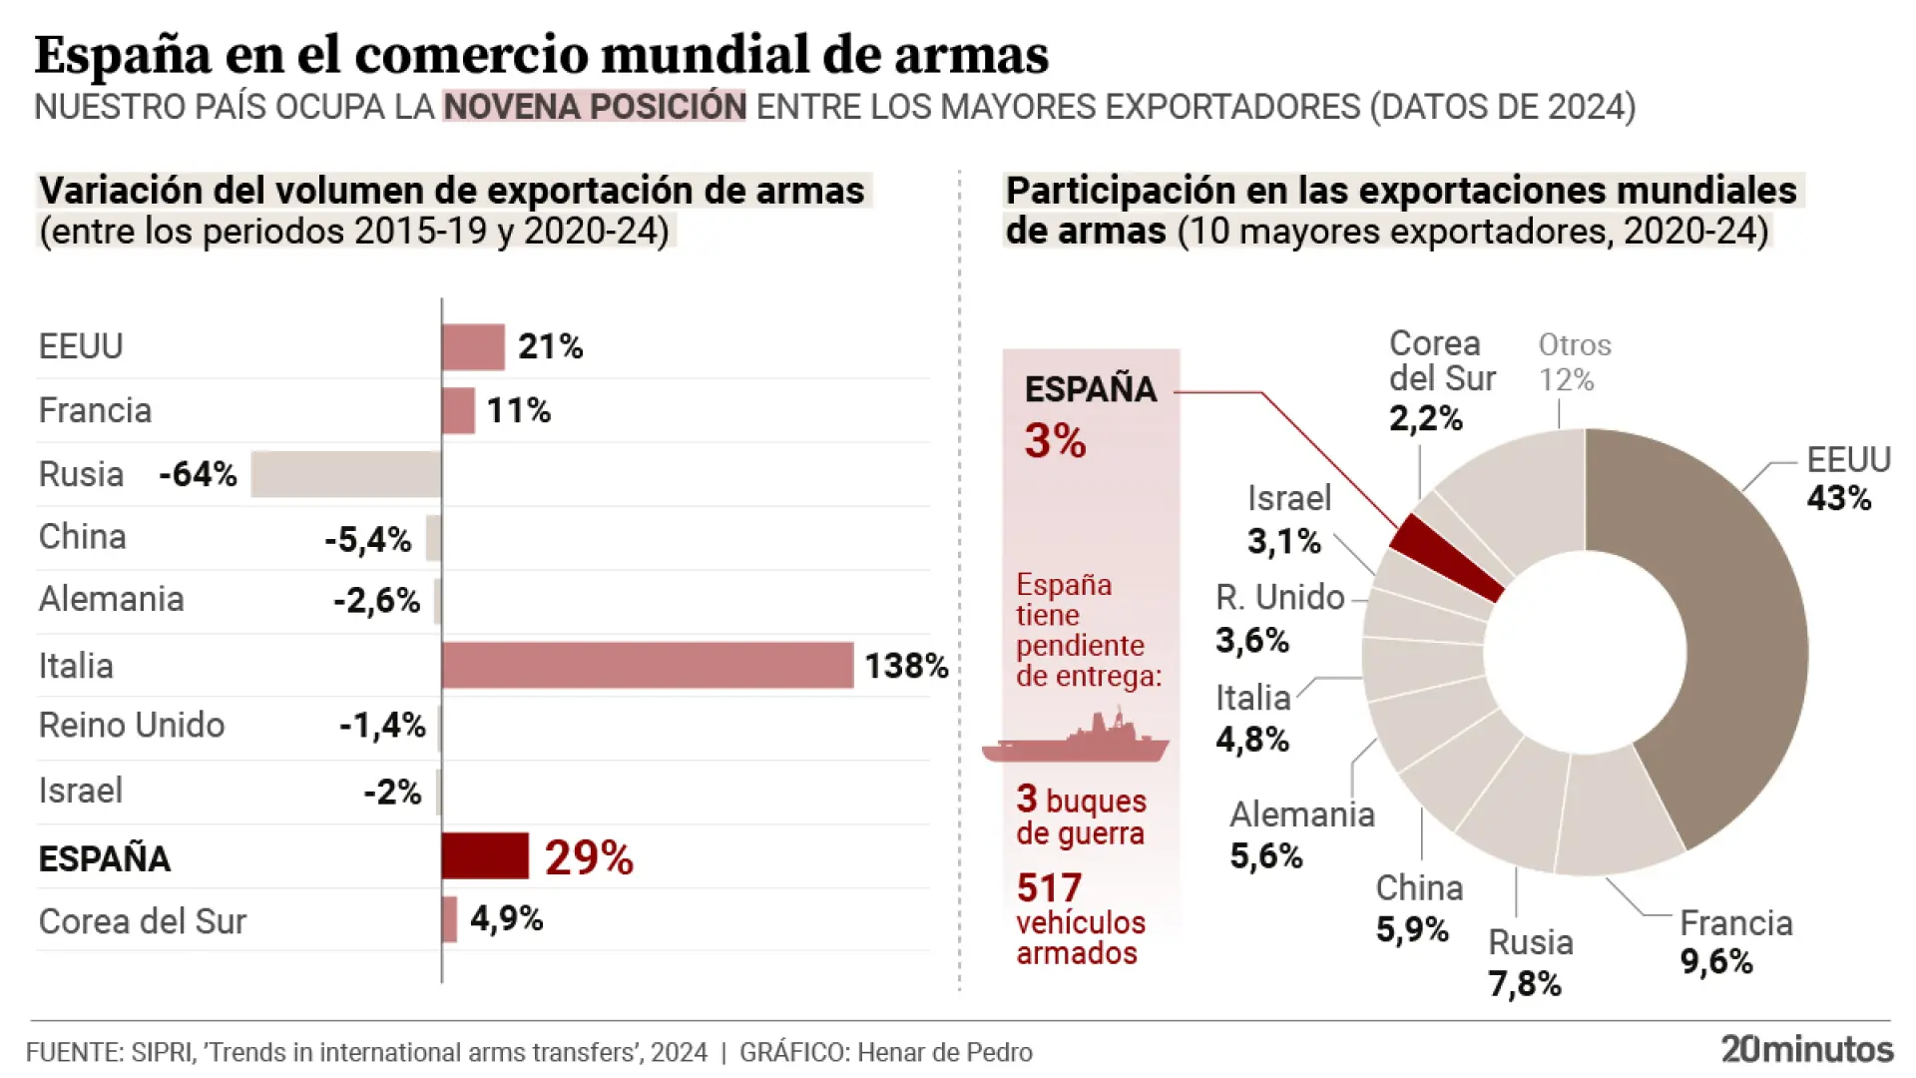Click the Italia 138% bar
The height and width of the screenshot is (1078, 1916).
(648, 666)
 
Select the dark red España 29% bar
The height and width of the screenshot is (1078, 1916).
(485, 856)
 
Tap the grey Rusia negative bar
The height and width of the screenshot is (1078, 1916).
(345, 474)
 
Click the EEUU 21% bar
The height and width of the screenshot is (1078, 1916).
(473, 347)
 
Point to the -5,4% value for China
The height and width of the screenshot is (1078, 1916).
(368, 540)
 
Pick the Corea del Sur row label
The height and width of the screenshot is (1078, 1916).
(143, 921)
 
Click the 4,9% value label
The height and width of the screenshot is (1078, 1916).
(506, 918)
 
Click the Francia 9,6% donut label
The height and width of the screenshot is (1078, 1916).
(1734, 942)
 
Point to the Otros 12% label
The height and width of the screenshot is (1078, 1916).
(1574, 362)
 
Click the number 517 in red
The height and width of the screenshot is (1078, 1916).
(1049, 887)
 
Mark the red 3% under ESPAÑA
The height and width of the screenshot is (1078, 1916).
(1055, 441)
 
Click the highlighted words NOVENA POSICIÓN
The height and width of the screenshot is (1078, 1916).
(595, 107)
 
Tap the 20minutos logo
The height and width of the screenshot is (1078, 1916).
(1806, 1049)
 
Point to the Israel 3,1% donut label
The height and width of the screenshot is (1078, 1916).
(1287, 520)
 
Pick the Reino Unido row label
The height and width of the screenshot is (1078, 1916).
(132, 726)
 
